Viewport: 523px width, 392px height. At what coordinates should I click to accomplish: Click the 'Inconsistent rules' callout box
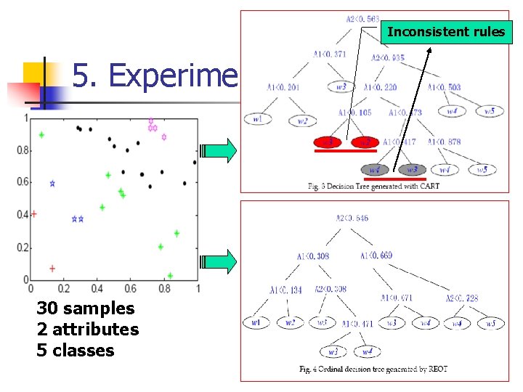(446, 32)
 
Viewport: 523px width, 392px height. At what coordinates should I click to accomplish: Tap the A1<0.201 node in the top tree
(282, 88)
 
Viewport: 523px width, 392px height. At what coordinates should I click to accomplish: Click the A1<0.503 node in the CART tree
(444, 88)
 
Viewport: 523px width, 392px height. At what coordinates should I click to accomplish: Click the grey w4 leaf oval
(374, 170)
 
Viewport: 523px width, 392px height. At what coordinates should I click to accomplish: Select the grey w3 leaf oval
(412, 170)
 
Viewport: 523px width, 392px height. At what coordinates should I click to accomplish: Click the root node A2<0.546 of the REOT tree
(352, 218)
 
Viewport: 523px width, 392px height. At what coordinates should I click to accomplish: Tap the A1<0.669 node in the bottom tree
(376, 256)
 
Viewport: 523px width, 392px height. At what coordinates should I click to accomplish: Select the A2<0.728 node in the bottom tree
(462, 298)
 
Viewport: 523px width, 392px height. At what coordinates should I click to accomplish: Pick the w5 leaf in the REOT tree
(490, 323)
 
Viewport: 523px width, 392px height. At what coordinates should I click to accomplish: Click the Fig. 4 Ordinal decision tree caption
(373, 369)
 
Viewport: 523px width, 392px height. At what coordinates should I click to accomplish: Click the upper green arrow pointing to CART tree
(219, 151)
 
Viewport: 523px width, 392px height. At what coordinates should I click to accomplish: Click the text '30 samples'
(86, 309)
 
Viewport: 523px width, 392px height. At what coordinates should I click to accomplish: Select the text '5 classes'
(76, 351)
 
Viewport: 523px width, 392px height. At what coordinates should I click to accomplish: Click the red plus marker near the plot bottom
(52, 269)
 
